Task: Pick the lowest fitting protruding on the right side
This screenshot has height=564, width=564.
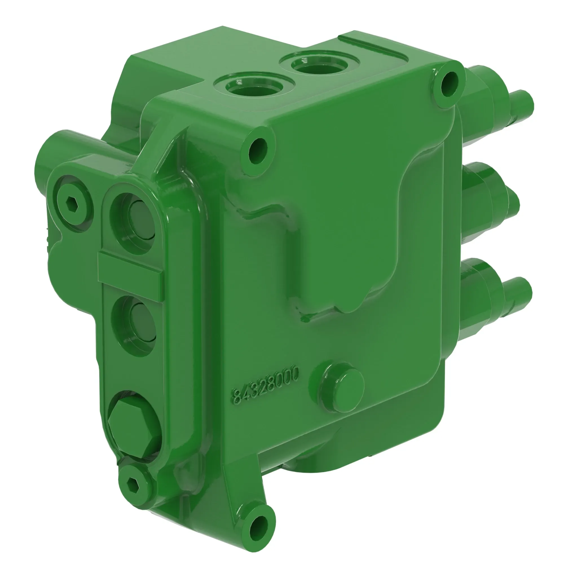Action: (x=493, y=295)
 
